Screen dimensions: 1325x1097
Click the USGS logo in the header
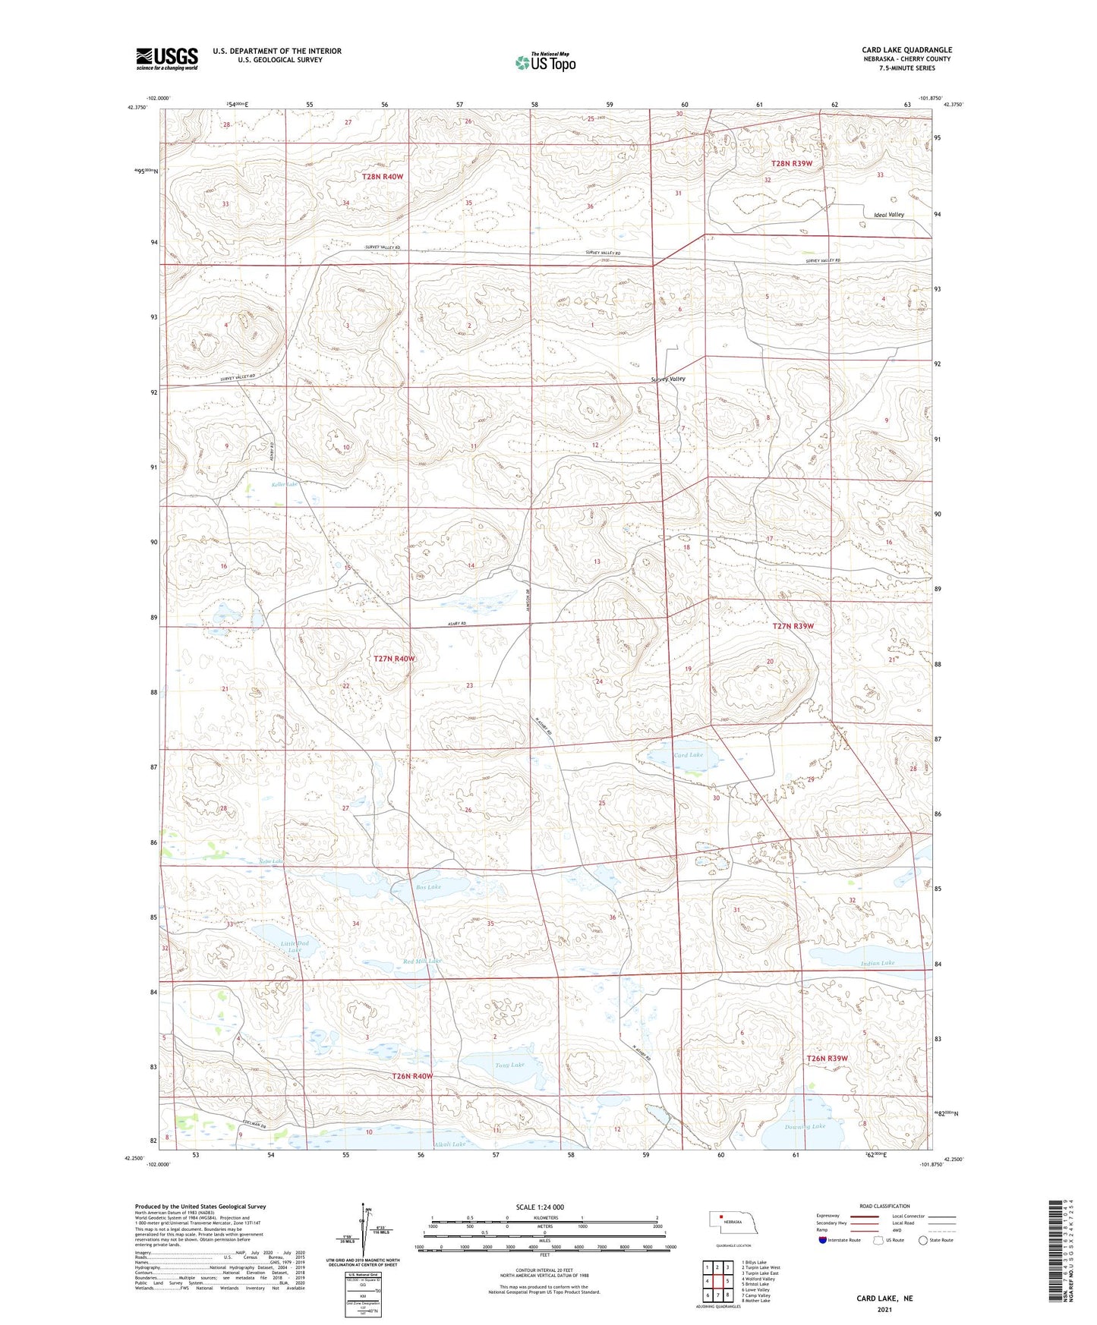click(167, 58)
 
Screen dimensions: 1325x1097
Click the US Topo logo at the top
click(544, 62)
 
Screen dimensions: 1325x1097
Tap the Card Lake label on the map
click(689, 755)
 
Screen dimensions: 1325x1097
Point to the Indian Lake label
click(878, 963)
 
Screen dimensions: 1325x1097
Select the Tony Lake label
click(509, 1065)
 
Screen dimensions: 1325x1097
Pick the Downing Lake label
click(805, 1127)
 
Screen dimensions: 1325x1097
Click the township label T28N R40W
click(383, 176)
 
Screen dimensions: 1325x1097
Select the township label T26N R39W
click(827, 1058)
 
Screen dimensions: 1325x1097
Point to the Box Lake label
click(428, 886)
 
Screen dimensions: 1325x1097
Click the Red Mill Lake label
click(422, 961)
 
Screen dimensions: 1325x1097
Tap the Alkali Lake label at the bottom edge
click(449, 1144)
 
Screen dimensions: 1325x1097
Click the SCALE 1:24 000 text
click(540, 1207)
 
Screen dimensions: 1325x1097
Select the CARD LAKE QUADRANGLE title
click(906, 50)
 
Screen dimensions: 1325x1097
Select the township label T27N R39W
click(793, 626)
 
